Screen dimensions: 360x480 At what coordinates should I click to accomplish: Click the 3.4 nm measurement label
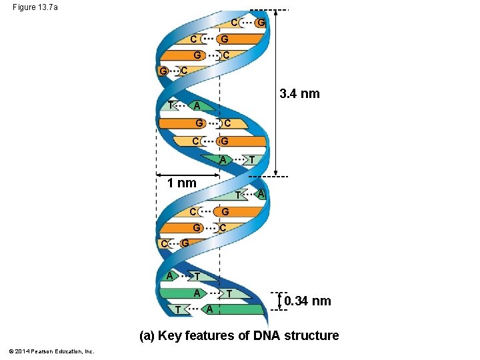[299, 94]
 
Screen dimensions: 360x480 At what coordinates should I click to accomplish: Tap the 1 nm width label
[181, 183]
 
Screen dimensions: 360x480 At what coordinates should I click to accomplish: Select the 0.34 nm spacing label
[307, 301]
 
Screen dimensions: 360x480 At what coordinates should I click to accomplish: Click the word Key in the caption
[169, 335]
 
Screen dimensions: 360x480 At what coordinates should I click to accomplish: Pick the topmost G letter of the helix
[261, 23]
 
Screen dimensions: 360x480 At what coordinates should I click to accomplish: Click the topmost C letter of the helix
[235, 22]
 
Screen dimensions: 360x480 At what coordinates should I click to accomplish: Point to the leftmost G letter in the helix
[163, 71]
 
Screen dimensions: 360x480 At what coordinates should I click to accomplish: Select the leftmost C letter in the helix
[164, 244]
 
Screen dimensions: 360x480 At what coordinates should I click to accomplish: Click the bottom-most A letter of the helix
[209, 309]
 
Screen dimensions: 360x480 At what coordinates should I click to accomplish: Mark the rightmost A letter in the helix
[261, 193]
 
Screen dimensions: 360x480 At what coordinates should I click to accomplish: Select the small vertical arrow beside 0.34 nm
[278, 301]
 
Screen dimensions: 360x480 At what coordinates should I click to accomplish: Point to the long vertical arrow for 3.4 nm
[276, 93]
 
